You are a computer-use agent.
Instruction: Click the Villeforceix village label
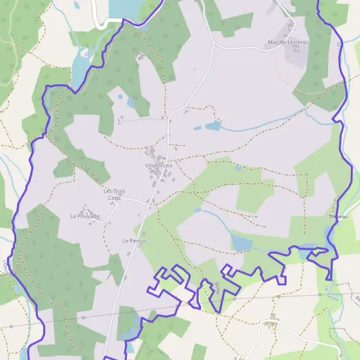[x=158, y=165]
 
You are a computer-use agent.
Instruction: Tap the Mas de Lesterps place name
[x=287, y=43]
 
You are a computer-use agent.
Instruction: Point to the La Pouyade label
[x=85, y=216]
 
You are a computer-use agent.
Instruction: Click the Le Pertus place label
[x=134, y=241]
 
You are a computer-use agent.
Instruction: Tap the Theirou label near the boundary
[x=338, y=216]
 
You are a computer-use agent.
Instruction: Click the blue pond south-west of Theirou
[x=242, y=242]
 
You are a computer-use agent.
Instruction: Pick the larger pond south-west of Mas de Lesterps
[x=213, y=126]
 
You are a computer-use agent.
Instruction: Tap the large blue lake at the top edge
[x=129, y=8]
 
